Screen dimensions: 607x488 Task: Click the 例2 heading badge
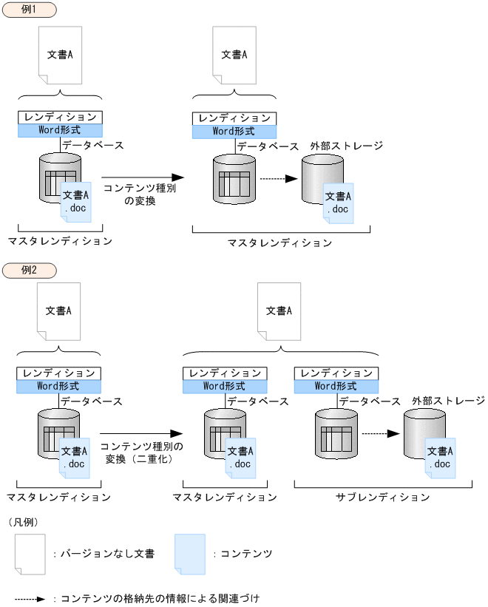(29, 269)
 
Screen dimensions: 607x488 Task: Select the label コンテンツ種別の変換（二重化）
(140, 452)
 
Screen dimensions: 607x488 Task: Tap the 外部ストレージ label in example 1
(346, 146)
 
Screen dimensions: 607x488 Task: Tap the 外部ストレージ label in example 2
(449, 401)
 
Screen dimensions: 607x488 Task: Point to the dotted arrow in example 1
(278, 178)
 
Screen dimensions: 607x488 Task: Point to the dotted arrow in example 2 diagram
(380, 434)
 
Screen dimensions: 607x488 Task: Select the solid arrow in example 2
(140, 434)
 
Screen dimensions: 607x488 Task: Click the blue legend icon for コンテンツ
(189, 554)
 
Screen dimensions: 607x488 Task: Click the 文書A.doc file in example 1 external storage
(339, 203)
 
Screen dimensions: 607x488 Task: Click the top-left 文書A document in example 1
(60, 55)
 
